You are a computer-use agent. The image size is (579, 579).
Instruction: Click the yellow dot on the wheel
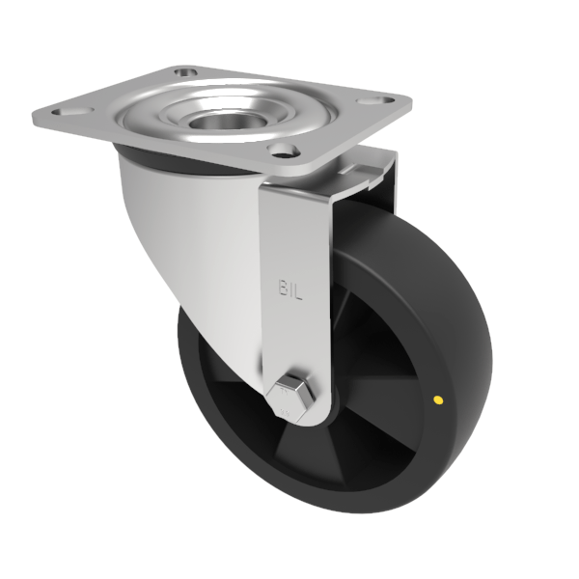coord(440,398)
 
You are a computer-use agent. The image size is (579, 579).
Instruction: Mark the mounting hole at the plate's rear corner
coord(184,72)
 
